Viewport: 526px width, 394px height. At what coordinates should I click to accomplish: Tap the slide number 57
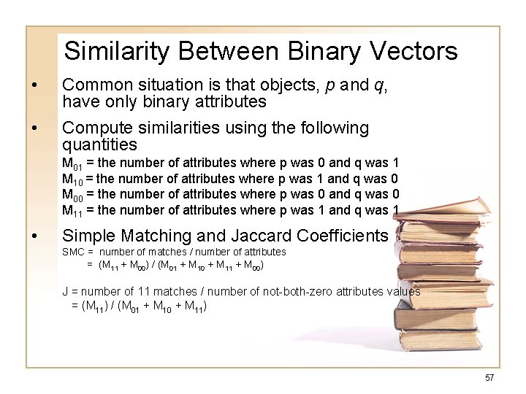(x=489, y=377)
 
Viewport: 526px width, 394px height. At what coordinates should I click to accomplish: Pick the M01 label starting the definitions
(x=72, y=163)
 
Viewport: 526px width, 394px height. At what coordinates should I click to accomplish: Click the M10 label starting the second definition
(x=72, y=179)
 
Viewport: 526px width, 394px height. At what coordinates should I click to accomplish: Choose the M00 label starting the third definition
(x=72, y=195)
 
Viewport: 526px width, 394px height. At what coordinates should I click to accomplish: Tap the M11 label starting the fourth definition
(x=72, y=211)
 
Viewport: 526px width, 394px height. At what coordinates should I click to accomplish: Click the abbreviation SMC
(x=74, y=252)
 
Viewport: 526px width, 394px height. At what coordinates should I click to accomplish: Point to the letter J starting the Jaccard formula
(x=65, y=292)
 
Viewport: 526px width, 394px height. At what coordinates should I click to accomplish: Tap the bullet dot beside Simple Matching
(x=34, y=236)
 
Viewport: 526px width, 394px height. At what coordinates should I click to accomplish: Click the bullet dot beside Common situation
(x=34, y=85)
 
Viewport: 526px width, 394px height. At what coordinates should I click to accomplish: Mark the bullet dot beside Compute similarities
(x=34, y=128)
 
